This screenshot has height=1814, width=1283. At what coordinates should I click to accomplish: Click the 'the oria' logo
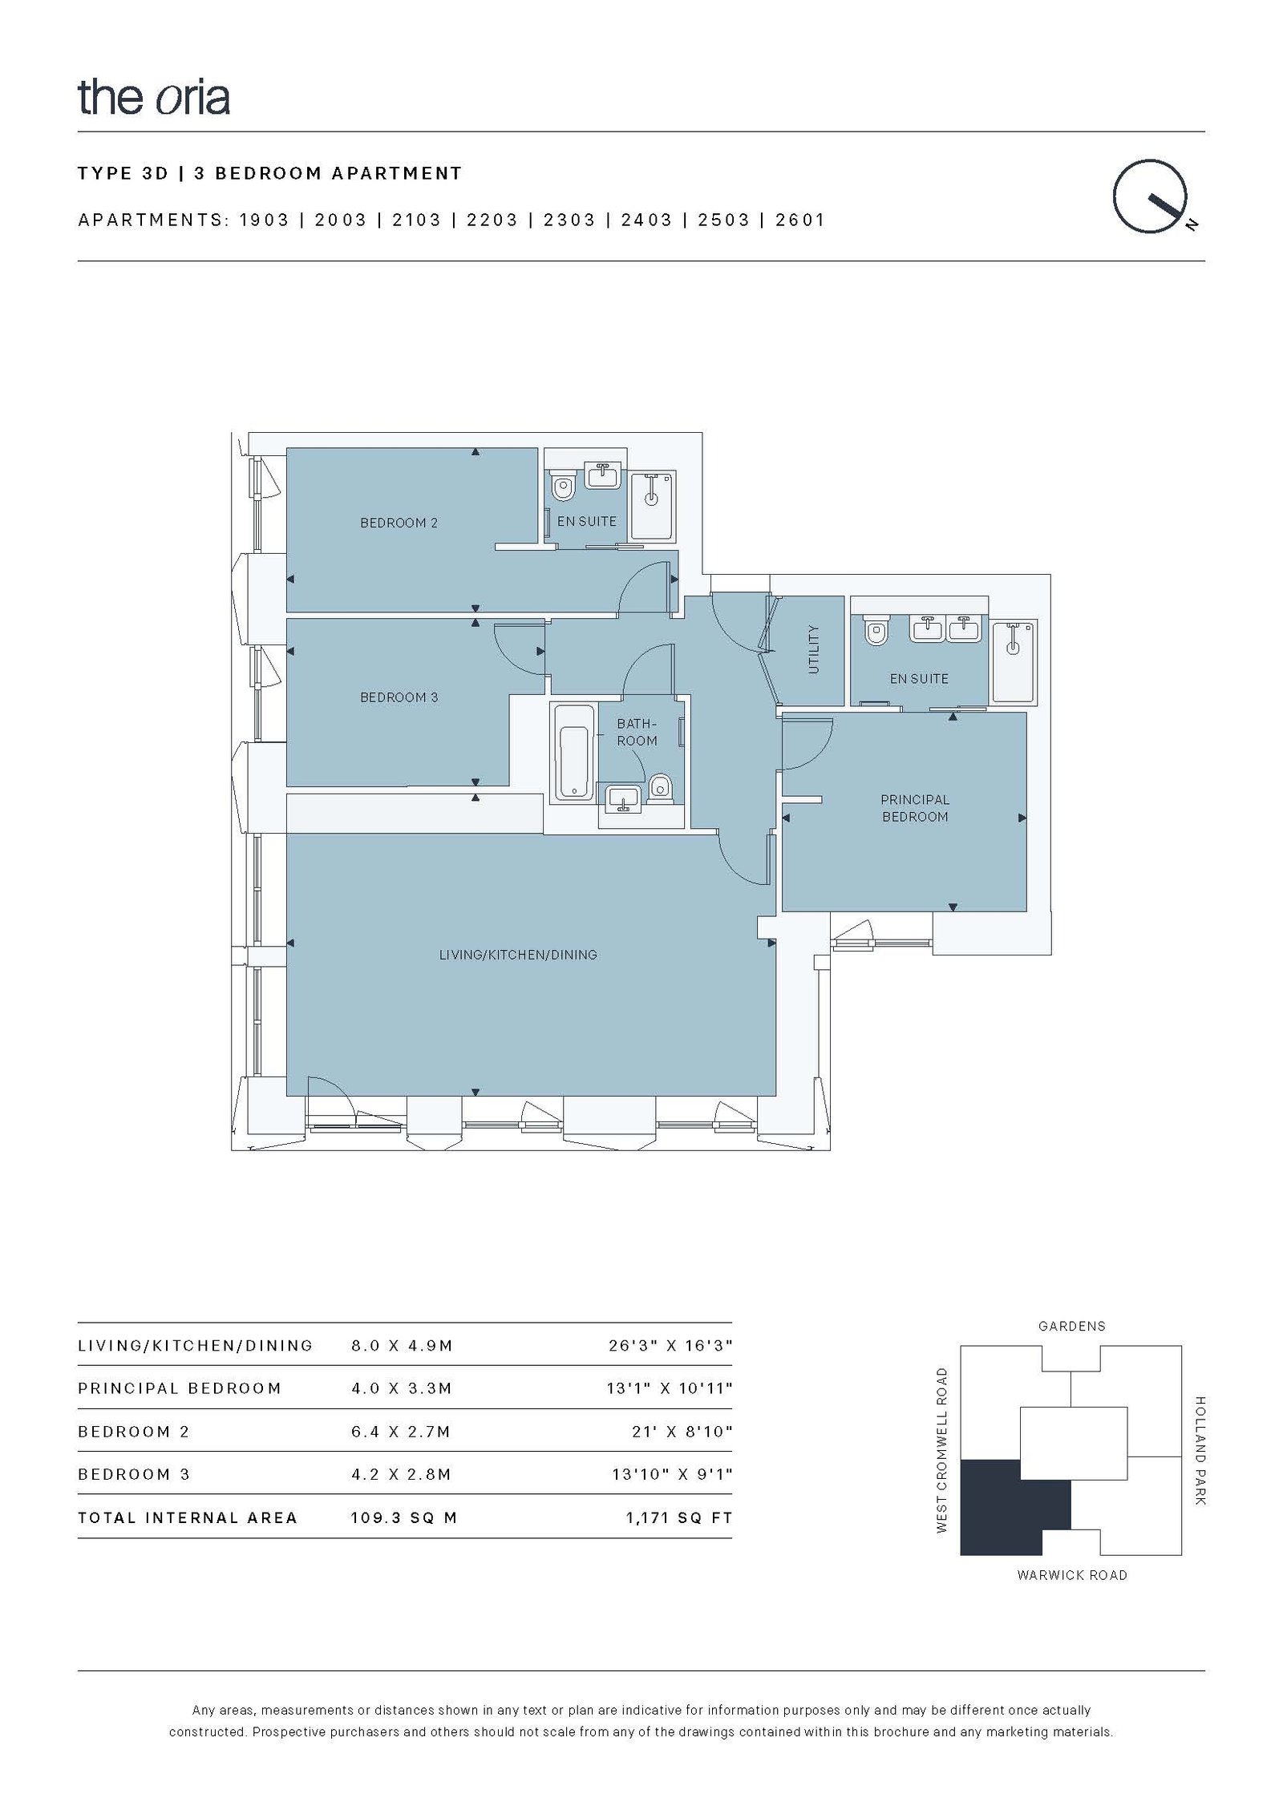click(154, 97)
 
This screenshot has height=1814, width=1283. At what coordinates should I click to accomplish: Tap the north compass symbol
click(1152, 197)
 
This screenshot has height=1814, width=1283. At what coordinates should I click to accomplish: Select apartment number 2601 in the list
click(800, 220)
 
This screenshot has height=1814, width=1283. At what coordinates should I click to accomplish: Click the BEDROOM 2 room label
click(399, 523)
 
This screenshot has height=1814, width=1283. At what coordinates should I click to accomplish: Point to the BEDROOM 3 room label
click(399, 697)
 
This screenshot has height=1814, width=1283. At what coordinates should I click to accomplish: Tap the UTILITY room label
click(814, 649)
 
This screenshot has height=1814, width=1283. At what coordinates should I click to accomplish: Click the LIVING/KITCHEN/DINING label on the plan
click(518, 955)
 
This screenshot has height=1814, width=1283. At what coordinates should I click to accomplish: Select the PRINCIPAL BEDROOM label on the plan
click(915, 808)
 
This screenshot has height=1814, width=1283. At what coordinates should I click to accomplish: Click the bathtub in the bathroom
click(573, 753)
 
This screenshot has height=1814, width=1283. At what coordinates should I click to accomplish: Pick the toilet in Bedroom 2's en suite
click(564, 487)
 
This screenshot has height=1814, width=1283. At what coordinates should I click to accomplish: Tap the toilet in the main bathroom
click(660, 787)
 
